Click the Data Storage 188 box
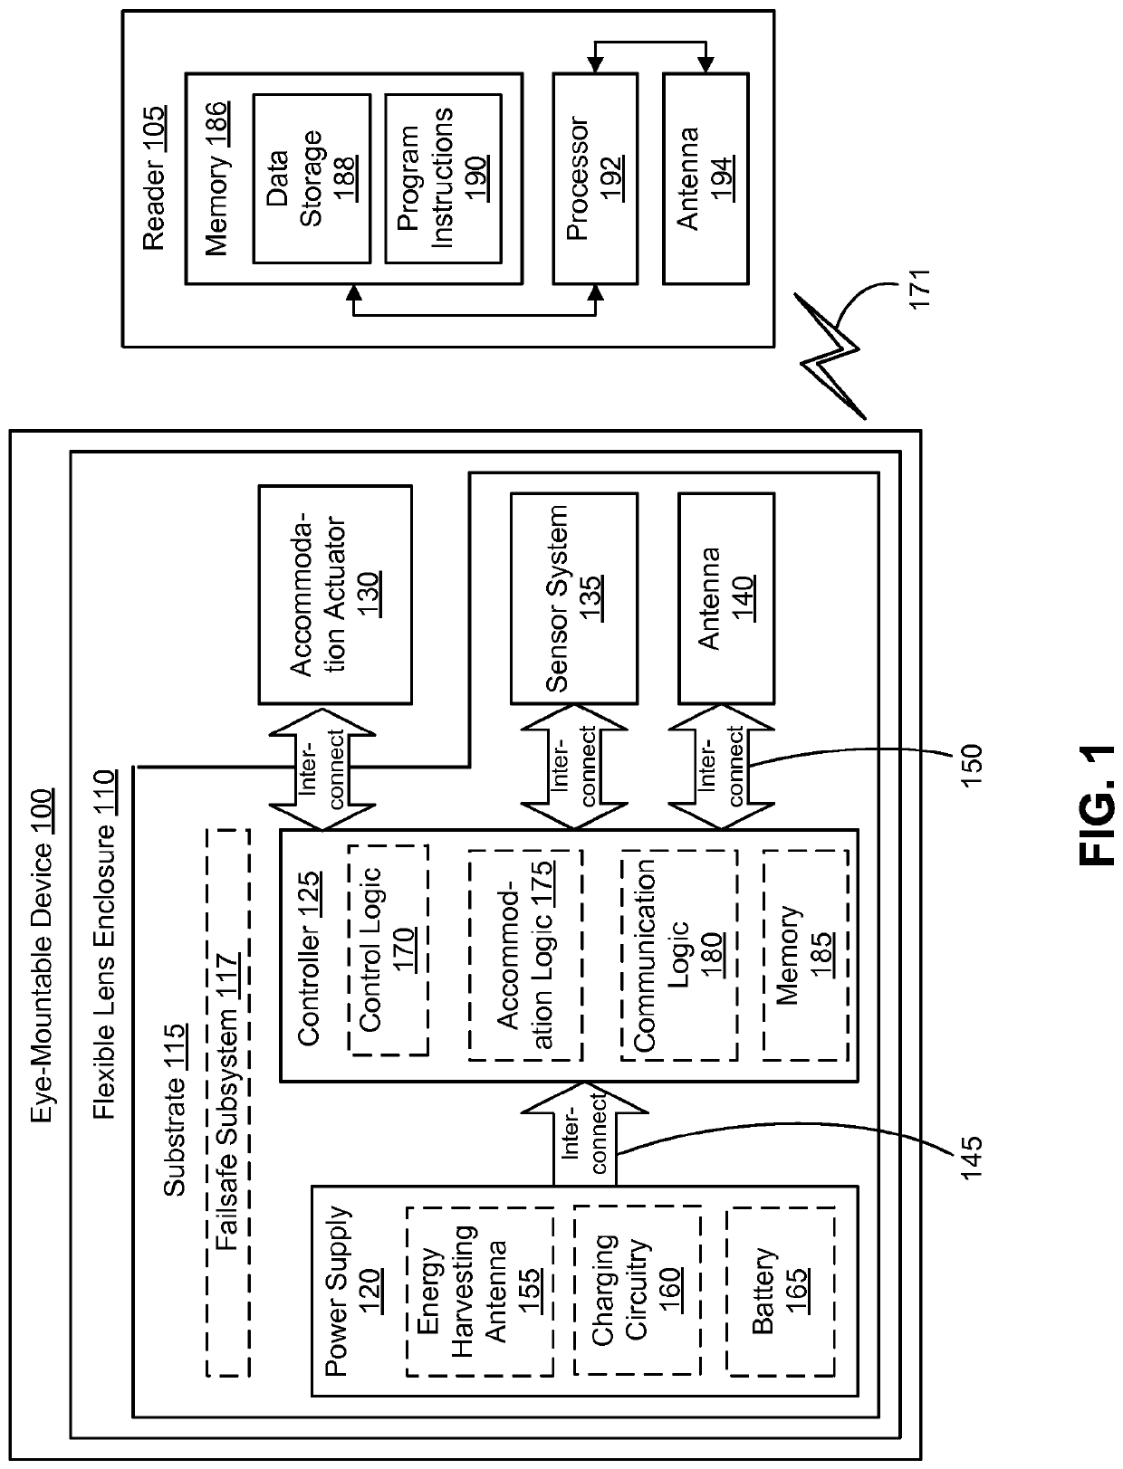pyautogui.click(x=312, y=178)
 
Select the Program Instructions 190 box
pyautogui.click(x=443, y=178)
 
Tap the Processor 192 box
pyautogui.click(x=595, y=178)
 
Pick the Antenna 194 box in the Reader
pyautogui.click(x=705, y=178)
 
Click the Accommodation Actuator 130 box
pyautogui.click(x=335, y=595)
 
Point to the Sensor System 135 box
pyautogui.click(x=574, y=598)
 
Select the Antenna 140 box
pyautogui.click(x=726, y=598)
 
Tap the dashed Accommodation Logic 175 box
pyautogui.click(x=525, y=956)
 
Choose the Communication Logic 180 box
pyautogui.click(x=679, y=956)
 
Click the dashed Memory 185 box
pyautogui.click(x=806, y=956)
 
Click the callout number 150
pyautogui.click(x=971, y=765)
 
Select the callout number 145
pyautogui.click(x=971, y=1157)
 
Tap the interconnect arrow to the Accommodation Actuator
pyautogui.click(x=322, y=768)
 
